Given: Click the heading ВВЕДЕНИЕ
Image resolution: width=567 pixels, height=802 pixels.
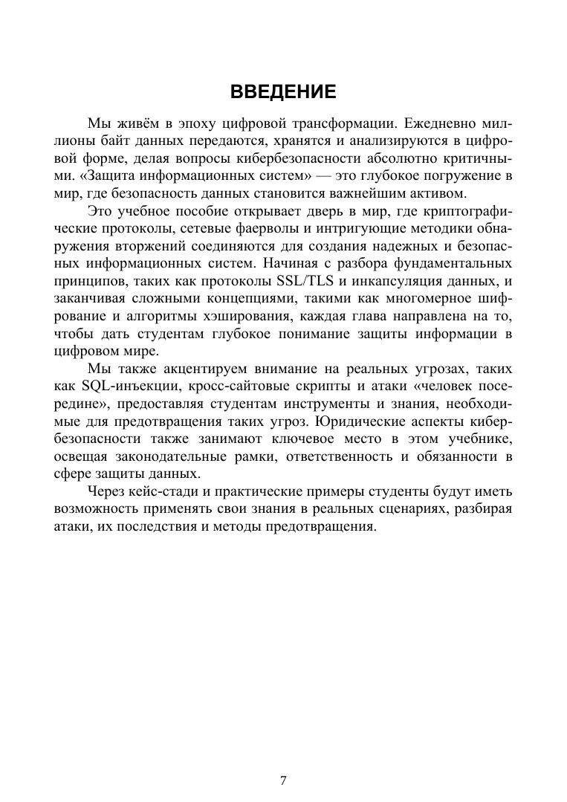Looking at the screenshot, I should pyautogui.click(x=283, y=92).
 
